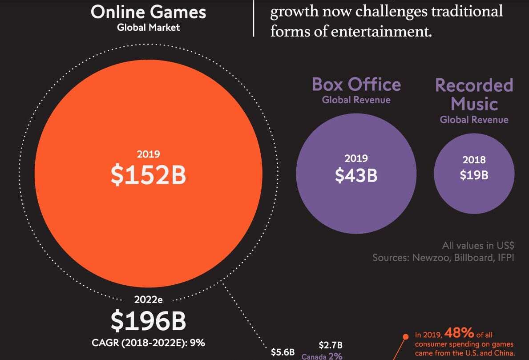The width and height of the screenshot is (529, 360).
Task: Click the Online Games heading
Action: tap(148, 12)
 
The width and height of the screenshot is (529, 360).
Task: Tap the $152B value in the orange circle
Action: tap(148, 176)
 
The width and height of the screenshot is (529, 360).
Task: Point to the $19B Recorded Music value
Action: tap(474, 175)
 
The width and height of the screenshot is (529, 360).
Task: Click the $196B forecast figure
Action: tap(148, 321)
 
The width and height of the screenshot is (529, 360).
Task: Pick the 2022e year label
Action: tap(148, 299)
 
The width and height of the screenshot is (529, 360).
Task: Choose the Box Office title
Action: tap(356, 84)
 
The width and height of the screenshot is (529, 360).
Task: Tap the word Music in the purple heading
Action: tap(474, 104)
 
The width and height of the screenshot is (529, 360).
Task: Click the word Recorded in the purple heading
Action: tap(474, 85)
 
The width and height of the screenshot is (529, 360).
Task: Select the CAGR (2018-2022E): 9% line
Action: tap(148, 343)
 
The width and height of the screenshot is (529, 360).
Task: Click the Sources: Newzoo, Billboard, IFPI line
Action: tap(443, 258)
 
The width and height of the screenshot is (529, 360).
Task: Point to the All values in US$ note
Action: tap(478, 245)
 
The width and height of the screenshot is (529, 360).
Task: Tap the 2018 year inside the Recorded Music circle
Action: tap(474, 160)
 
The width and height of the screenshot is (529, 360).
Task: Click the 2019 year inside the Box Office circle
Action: tap(356, 158)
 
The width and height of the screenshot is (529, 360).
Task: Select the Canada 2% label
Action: tap(322, 356)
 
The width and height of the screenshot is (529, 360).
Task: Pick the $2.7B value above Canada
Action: tap(331, 345)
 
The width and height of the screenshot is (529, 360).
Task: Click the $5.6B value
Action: tap(283, 352)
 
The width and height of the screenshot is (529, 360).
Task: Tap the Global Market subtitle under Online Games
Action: tap(148, 27)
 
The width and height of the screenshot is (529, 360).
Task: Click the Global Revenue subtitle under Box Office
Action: tap(356, 100)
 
